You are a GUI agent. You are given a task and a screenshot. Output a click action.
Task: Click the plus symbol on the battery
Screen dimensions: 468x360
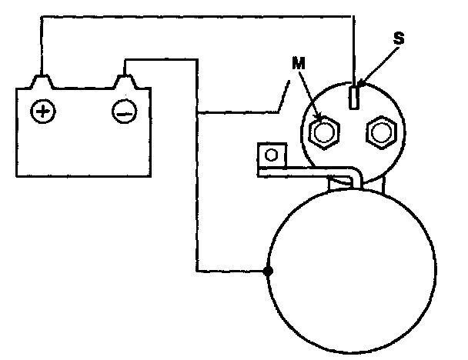click(42, 112)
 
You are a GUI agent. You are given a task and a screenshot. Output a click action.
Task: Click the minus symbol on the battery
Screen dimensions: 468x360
click(124, 112)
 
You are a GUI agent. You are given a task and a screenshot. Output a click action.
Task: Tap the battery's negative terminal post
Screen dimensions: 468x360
click(123, 81)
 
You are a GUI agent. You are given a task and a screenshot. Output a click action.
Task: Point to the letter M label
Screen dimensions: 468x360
click(297, 64)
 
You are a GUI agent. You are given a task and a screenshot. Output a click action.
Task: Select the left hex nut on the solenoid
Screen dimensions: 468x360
click(323, 133)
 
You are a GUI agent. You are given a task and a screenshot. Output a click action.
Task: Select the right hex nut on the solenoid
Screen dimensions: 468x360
click(379, 133)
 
